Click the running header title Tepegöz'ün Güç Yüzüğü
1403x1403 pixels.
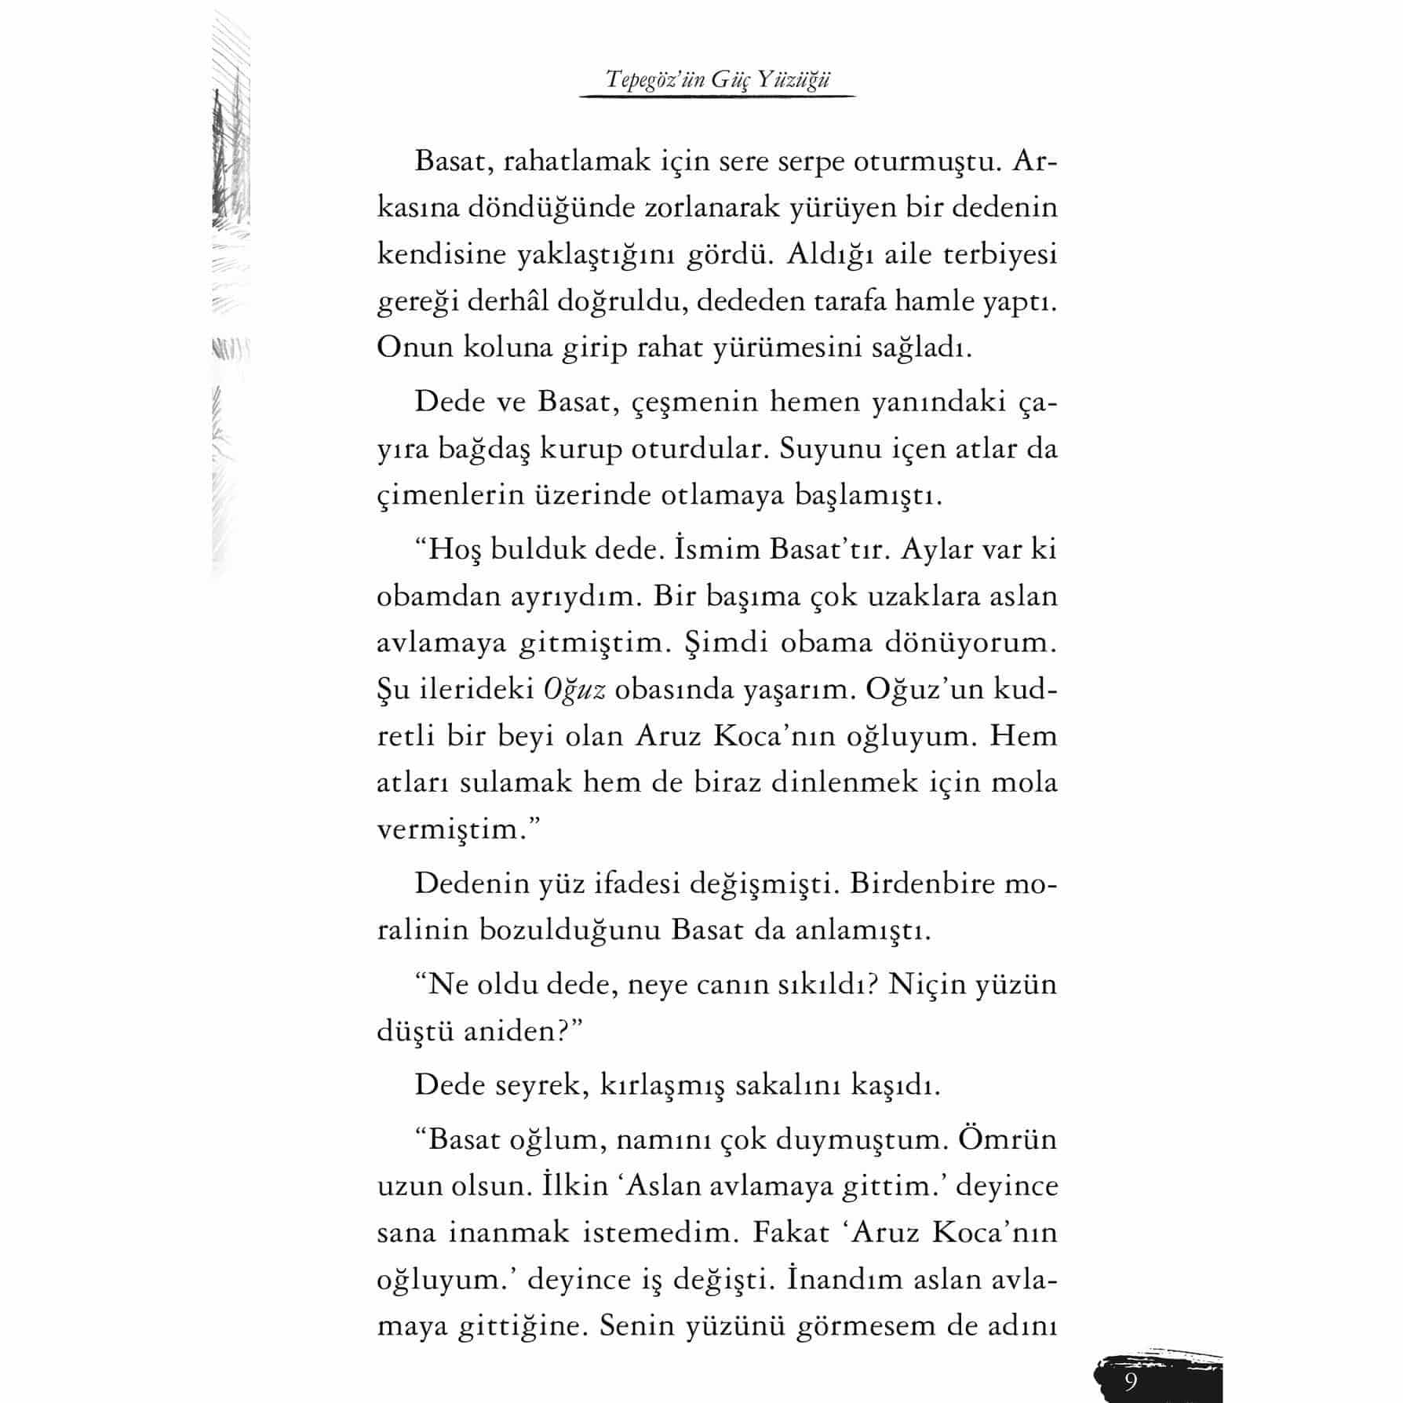point(717,79)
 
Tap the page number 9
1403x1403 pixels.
point(1130,1380)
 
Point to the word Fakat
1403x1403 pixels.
point(790,1232)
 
